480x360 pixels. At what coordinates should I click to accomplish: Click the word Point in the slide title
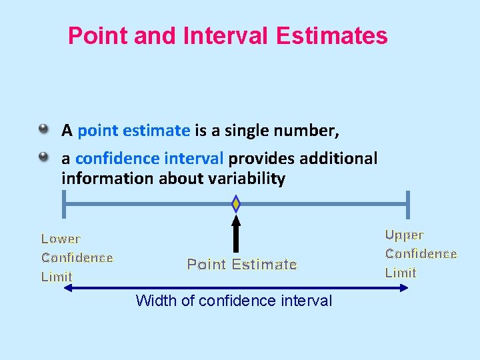point(98,35)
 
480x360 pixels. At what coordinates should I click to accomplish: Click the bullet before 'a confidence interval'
point(43,157)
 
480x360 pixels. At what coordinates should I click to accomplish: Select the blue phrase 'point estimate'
point(133,131)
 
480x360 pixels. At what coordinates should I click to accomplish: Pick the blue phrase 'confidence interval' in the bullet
point(149,159)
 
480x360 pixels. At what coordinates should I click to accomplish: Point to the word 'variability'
point(247,179)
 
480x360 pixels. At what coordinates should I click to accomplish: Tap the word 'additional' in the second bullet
point(338,159)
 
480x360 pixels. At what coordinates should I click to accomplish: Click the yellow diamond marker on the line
point(235,203)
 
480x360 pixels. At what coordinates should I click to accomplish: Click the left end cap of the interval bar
point(63,204)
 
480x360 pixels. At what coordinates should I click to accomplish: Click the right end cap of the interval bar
point(407,204)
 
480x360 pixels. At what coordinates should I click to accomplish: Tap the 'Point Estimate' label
point(241,264)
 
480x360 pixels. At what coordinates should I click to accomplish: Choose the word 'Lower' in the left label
point(61,239)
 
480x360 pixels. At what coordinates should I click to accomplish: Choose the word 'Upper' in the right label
point(404,235)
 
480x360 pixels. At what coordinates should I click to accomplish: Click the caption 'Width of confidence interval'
point(233,301)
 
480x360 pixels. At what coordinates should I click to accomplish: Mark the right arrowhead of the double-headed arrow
point(403,288)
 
